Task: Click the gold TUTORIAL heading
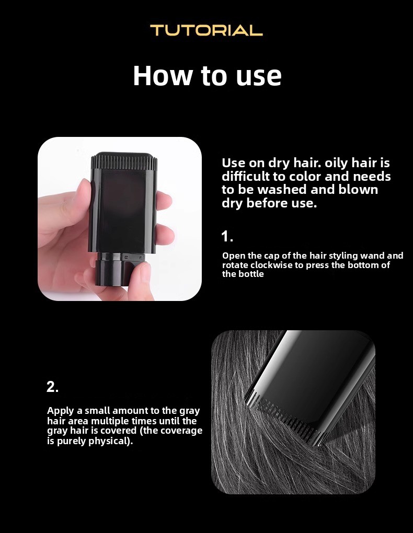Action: tap(206, 30)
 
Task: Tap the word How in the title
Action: tap(162, 75)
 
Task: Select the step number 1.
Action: tap(226, 236)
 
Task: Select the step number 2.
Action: tap(52, 387)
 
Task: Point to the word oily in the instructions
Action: tap(336, 163)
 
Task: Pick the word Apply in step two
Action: tap(61, 411)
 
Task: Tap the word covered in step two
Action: tap(119, 431)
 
